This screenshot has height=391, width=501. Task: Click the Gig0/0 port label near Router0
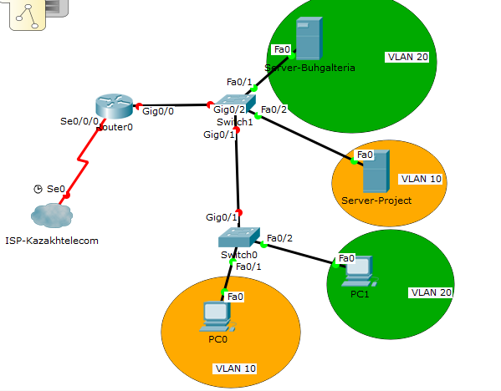tap(158, 110)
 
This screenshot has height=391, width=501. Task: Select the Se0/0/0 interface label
tap(79, 121)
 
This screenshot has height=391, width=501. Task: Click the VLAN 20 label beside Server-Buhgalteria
tap(407, 58)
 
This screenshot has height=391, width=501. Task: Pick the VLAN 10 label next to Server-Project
tap(420, 179)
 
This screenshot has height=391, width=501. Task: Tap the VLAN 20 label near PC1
tap(431, 292)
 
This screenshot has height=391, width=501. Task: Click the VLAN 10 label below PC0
tap(236, 368)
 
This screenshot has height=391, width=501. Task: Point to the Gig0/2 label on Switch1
tap(229, 109)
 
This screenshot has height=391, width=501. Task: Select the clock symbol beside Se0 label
tap(38, 189)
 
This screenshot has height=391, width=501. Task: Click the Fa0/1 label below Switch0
tap(249, 267)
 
